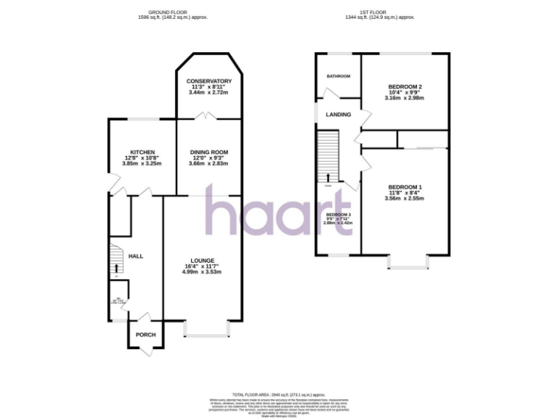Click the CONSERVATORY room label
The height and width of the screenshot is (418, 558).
tap(209, 81)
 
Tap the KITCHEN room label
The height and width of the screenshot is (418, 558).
tap(142, 152)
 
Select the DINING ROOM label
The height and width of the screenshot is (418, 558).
tap(209, 152)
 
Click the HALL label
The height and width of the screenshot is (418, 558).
tap(136, 256)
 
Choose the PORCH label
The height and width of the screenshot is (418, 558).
tap(146, 335)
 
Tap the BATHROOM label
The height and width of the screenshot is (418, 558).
tap(338, 76)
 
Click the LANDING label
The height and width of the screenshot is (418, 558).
tap(338, 115)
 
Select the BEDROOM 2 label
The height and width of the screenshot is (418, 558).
tap(405, 87)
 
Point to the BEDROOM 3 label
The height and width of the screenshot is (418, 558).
tap(338, 215)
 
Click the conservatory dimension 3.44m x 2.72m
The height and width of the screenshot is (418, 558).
tap(209, 93)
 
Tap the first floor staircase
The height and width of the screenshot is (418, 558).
tap(328, 156)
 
